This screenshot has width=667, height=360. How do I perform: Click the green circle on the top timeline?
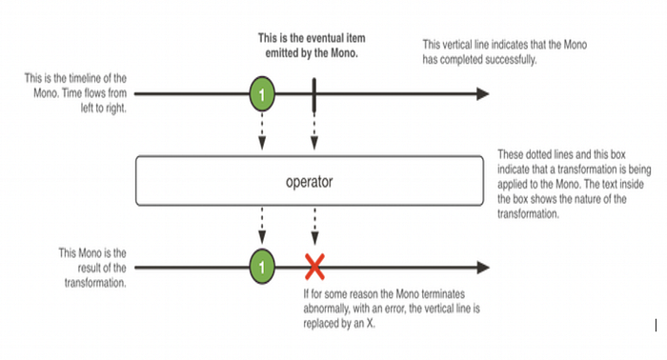[262, 94]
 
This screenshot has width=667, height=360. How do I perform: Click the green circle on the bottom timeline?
[262, 267]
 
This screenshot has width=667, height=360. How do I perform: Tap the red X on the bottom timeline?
[314, 267]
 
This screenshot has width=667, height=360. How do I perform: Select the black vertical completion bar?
[313, 95]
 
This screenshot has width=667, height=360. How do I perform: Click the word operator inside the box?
[310, 182]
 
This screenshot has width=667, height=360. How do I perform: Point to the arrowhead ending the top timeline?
[483, 94]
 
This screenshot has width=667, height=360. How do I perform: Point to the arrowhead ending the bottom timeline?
[483, 268]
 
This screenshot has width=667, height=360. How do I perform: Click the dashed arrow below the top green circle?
[262, 131]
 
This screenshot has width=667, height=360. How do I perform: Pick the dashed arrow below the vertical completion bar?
[314, 131]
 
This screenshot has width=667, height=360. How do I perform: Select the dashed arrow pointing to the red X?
[314, 226]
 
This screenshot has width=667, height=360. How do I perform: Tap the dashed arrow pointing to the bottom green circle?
[262, 226]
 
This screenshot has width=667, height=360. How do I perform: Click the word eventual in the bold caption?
[316, 38]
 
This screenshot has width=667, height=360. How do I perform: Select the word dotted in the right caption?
[540, 154]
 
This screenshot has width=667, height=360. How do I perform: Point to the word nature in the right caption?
[588, 199]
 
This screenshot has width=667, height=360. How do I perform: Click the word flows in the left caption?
[95, 93]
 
